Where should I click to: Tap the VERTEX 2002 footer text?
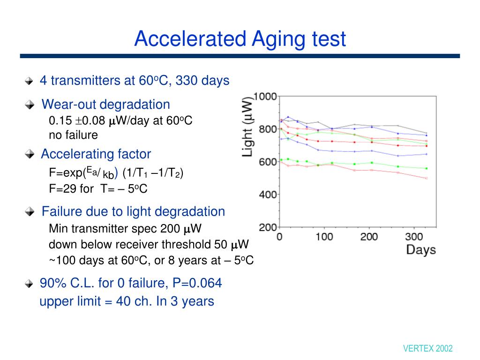click(x=427, y=348)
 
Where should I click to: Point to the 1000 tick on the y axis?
click(x=265, y=97)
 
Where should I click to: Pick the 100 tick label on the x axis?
click(x=324, y=236)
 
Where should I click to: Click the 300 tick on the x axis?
click(x=414, y=236)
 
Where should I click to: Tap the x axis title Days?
click(x=420, y=250)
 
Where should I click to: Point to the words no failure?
click(x=73, y=135)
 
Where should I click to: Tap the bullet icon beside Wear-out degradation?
click(x=30, y=105)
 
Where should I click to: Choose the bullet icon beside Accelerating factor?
click(x=30, y=154)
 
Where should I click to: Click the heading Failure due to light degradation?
click(x=133, y=211)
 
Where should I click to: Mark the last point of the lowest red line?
click(x=426, y=179)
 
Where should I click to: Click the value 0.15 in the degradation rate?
click(x=60, y=120)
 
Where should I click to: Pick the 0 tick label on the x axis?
click(x=279, y=236)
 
